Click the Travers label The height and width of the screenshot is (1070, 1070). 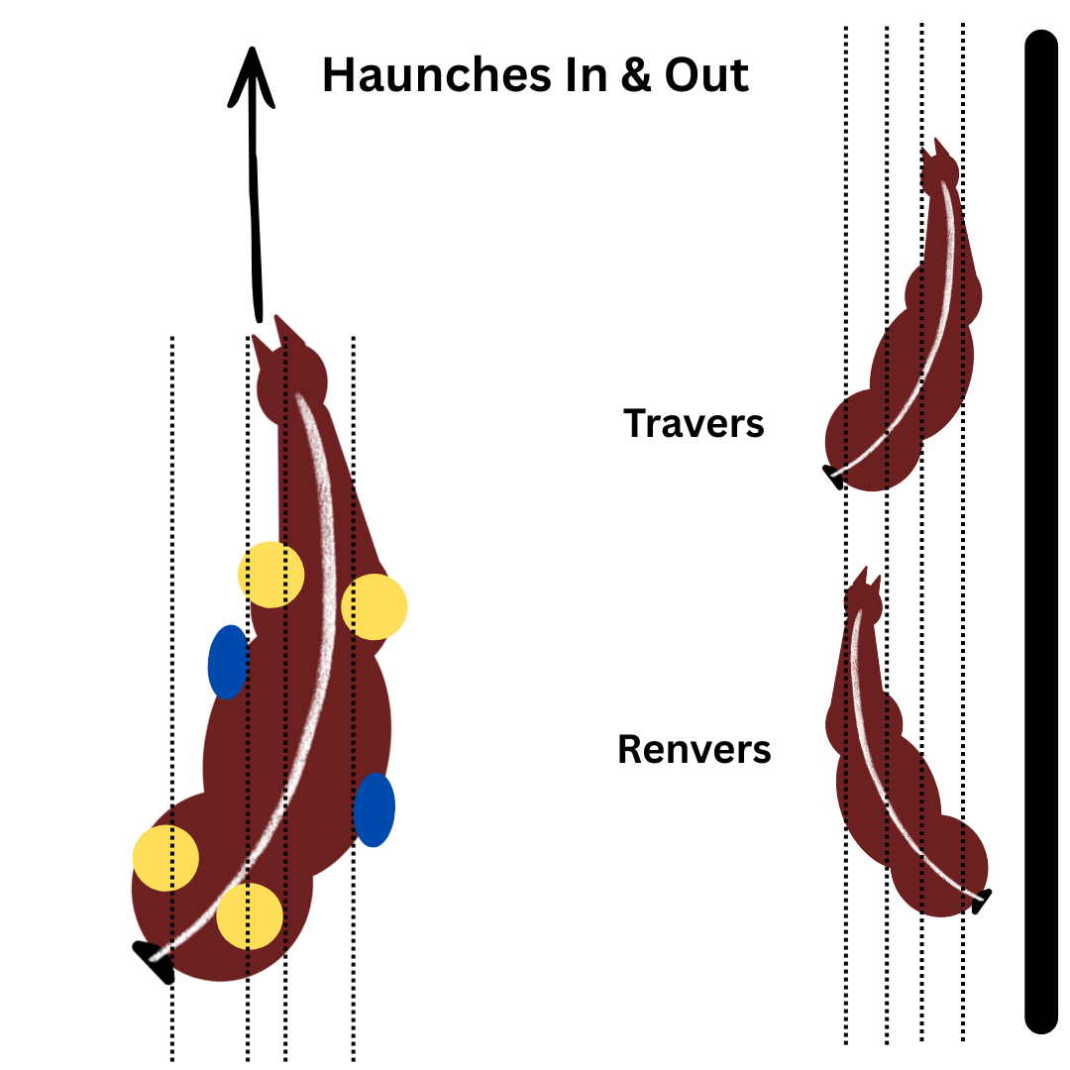[694, 424]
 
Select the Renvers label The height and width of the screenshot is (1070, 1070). [694, 749]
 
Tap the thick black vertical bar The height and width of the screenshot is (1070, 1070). [1041, 535]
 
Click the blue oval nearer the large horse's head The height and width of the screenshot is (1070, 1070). [227, 662]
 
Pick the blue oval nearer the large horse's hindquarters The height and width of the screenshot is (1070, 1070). [374, 809]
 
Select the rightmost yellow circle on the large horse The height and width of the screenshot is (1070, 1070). [374, 606]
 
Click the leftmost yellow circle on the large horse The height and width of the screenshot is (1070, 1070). [165, 858]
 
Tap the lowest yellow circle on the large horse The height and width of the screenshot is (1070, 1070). [250, 915]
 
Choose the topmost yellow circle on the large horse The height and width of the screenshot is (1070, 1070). [270, 575]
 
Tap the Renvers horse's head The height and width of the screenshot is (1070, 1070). [864, 600]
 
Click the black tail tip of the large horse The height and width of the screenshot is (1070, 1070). [156, 960]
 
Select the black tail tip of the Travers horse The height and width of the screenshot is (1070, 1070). [833, 479]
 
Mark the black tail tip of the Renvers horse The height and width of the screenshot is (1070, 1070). [981, 902]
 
